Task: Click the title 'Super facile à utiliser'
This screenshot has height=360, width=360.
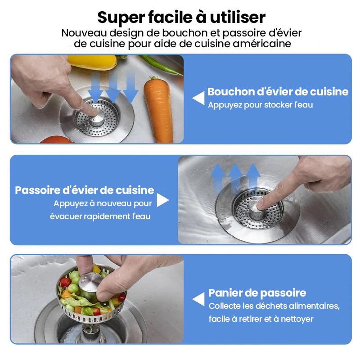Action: pyautogui.click(x=181, y=18)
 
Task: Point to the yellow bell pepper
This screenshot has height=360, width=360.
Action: pyautogui.click(x=92, y=62)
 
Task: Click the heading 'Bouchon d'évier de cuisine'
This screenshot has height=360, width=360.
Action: pyautogui.click(x=278, y=92)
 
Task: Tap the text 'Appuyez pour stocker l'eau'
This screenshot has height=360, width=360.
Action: pyautogui.click(x=261, y=105)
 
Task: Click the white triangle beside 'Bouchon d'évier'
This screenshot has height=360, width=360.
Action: pyautogui.click(x=198, y=98)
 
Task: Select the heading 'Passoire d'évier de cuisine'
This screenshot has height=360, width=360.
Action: pyautogui.click(x=85, y=190)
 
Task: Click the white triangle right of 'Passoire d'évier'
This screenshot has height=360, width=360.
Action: pyautogui.click(x=163, y=200)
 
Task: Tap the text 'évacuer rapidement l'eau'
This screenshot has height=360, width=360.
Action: pyautogui.click(x=100, y=216)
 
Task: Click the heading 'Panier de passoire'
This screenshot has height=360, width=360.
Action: pyautogui.click(x=257, y=293)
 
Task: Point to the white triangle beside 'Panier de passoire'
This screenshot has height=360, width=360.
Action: pyautogui.click(x=198, y=299)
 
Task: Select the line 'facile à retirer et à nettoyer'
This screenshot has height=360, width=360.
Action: pyautogui.click(x=261, y=319)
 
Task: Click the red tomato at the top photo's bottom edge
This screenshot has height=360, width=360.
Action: pyautogui.click(x=57, y=139)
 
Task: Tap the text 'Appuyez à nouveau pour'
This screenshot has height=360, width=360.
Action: pyautogui.click(x=103, y=204)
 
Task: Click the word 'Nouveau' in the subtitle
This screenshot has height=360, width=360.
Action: pyautogui.click(x=84, y=33)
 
